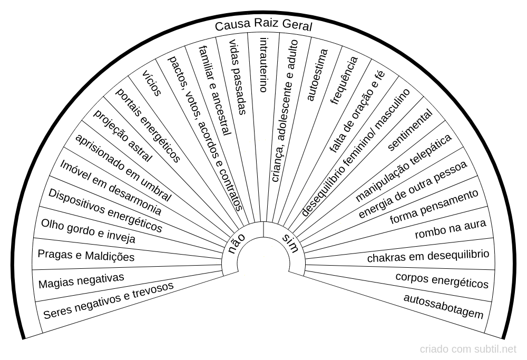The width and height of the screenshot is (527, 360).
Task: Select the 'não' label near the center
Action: pyautogui.click(x=237, y=245)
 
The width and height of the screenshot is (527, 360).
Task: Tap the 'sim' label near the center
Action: pyautogui.click(x=290, y=244)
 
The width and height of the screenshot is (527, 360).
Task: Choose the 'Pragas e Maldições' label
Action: pyautogui.click(x=86, y=256)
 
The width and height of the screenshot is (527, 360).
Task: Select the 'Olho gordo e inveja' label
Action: pyautogui.click(x=88, y=231)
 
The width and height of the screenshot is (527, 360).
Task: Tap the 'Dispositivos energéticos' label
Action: pyautogui.click(x=105, y=210)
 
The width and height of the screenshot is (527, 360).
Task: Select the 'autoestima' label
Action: pyautogui.click(x=317, y=75)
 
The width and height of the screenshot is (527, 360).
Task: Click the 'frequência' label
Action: pyautogui.click(x=344, y=80)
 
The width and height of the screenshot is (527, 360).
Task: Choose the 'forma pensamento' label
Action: pyautogui.click(x=434, y=207)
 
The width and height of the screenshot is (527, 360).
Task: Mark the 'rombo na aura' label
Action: pyautogui.click(x=450, y=230)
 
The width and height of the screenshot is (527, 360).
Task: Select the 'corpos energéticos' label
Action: pyautogui.click(x=442, y=280)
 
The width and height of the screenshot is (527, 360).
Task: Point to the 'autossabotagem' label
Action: pyautogui.click(x=443, y=306)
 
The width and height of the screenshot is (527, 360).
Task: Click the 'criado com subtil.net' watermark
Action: pyautogui.click(x=468, y=349)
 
